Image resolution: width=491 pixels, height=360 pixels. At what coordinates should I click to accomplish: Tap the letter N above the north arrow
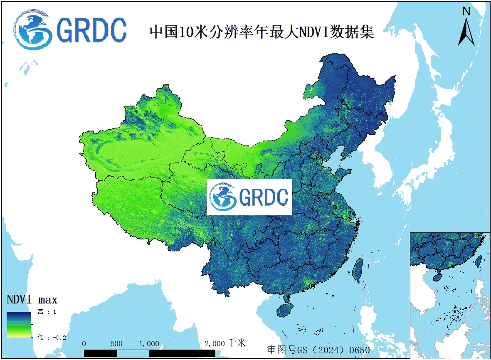coord(466,11)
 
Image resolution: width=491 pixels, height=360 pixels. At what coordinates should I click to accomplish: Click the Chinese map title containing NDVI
coord(262,31)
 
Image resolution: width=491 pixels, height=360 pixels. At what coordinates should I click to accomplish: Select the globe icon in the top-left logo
coord(32,30)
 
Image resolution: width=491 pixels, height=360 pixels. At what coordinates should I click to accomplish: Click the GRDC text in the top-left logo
coord(91,30)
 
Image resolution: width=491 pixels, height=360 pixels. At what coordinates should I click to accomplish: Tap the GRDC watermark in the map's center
coord(249,197)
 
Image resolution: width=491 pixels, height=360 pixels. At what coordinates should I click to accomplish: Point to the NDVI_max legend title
coord(32,299)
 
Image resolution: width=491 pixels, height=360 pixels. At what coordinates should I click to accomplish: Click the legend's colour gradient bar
coord(18,324)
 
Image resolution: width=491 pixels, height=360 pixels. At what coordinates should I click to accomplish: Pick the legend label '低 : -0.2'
coord(52,337)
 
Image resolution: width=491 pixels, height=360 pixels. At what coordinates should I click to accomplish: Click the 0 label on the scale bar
coord(84,344)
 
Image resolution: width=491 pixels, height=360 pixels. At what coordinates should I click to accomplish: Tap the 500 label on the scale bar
coord(117,344)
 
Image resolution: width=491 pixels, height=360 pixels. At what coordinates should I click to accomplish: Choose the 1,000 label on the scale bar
coord(149,344)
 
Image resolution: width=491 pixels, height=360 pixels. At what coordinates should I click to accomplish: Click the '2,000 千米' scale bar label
coord(225,343)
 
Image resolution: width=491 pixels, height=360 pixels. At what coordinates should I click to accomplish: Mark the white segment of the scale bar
coord(133,353)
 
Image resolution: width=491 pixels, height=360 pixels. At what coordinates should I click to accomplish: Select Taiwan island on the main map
coord(357,271)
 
